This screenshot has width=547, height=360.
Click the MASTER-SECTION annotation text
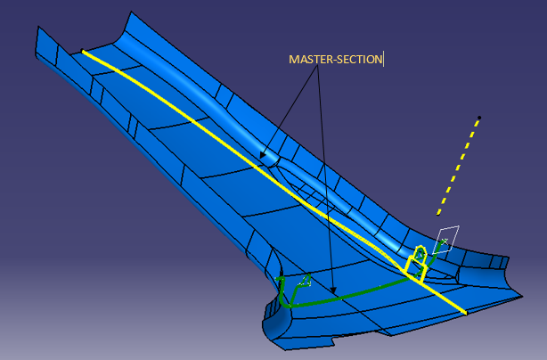tap(335, 60)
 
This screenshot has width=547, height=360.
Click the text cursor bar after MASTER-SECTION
tap(383, 60)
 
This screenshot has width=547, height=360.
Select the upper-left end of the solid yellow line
tap(84, 52)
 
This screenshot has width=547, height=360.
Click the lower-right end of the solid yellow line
tap(464, 313)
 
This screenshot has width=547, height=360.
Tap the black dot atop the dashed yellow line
tap(479, 118)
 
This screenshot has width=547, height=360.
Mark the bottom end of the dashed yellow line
tap(437, 215)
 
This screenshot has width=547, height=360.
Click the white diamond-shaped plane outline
tap(446, 240)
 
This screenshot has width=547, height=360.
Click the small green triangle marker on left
tap(305, 282)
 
